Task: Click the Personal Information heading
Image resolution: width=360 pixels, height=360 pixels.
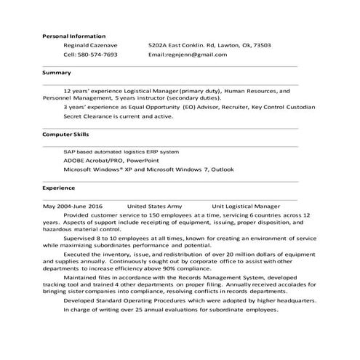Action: [x=73, y=36]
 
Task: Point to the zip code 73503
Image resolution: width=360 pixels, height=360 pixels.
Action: [x=260, y=45]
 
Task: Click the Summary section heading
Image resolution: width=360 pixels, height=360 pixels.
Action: [x=56, y=73]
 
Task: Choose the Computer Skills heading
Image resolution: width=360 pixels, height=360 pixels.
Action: [x=65, y=134]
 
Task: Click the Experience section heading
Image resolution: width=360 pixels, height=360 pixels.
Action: [x=59, y=187]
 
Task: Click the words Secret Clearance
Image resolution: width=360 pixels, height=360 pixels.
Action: [x=88, y=116]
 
